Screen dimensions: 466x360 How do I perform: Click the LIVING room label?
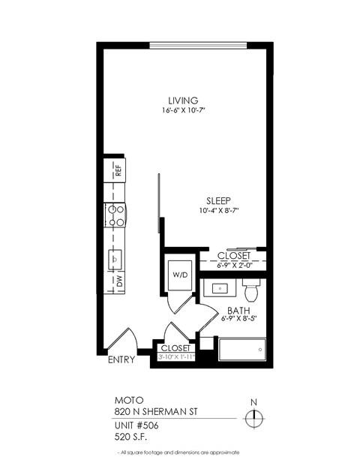coord(183,100)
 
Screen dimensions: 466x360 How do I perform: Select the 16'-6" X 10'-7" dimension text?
coord(183,111)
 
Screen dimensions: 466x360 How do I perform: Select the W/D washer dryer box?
coord(181,274)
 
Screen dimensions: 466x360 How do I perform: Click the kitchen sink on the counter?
coord(115,257)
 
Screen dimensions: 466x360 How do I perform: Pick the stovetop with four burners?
coord(116,216)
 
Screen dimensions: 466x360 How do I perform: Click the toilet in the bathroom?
coord(252,288)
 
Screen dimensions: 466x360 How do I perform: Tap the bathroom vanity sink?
coord(221,288)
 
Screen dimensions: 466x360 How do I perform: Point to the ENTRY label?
coord(121,360)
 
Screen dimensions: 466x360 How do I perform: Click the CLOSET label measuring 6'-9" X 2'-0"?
coord(234,256)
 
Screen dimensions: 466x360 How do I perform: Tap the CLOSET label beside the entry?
coord(175,348)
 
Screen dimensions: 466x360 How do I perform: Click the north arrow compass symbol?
coord(255,417)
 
